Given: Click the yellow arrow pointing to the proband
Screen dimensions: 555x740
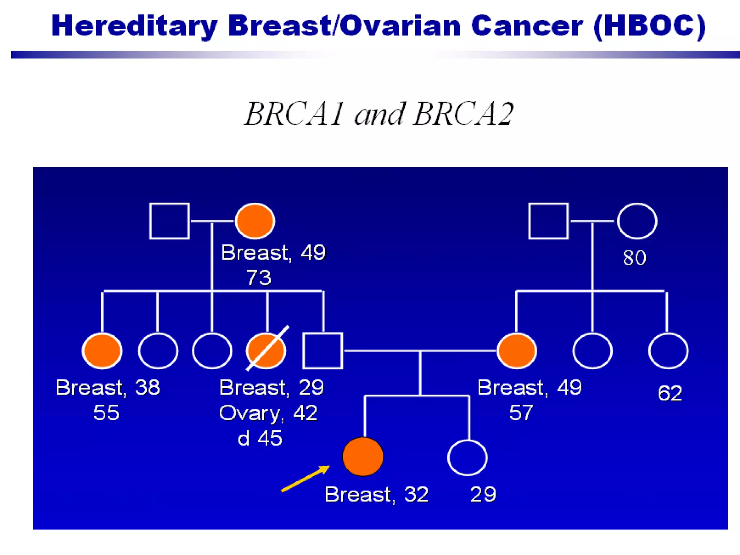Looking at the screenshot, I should click(x=305, y=479).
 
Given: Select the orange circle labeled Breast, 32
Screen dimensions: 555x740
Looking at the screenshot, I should click(x=363, y=457).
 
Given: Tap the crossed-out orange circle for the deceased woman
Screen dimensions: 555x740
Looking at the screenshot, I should click(x=266, y=351).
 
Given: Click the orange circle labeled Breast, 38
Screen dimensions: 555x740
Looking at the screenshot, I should click(x=102, y=351).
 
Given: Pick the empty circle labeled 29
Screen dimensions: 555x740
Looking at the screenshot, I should click(x=468, y=458).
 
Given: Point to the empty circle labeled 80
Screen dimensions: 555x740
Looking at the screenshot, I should click(x=637, y=221).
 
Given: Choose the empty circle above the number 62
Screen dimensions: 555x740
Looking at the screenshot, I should click(x=668, y=351).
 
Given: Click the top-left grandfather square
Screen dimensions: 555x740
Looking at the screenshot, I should click(x=169, y=221).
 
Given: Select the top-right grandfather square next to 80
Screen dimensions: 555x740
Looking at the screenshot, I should click(x=548, y=221).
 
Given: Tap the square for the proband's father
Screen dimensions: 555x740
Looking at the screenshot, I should click(x=323, y=351).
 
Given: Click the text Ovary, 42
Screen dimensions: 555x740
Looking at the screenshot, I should click(x=268, y=413).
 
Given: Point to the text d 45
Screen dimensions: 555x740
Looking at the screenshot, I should click(x=260, y=438).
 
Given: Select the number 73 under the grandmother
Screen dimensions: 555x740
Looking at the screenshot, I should click(x=259, y=277).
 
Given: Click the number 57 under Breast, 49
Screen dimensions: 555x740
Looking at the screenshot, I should click(x=521, y=413).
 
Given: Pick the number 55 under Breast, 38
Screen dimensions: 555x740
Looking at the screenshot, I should click(x=106, y=413).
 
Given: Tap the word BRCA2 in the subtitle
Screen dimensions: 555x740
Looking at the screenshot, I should click(x=463, y=114).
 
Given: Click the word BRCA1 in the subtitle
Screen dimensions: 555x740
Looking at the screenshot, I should click(x=294, y=114).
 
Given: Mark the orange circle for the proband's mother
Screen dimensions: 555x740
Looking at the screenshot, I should click(x=517, y=351).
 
